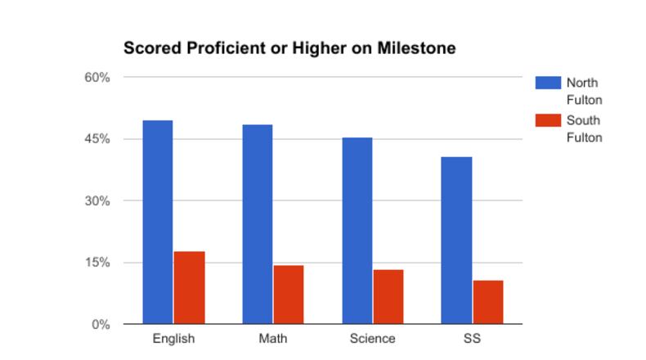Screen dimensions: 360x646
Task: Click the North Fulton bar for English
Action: coord(158,222)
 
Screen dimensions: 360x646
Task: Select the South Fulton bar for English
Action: coord(189,287)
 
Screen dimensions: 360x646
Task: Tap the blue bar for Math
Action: coord(258,224)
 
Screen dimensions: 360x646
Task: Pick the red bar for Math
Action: coord(288,295)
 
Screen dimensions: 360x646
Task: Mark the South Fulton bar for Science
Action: coord(388,296)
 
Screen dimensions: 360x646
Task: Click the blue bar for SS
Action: coord(456,241)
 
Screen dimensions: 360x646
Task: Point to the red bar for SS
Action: coord(487,302)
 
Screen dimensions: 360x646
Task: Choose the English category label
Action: coord(173,339)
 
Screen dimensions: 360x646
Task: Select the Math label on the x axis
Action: coord(273,339)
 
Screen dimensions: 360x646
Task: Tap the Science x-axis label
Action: coord(372,339)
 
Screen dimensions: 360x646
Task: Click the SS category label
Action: coord(472,339)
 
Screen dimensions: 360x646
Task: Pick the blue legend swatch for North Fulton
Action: coord(547,83)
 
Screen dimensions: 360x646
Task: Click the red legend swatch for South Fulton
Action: coord(547,120)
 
